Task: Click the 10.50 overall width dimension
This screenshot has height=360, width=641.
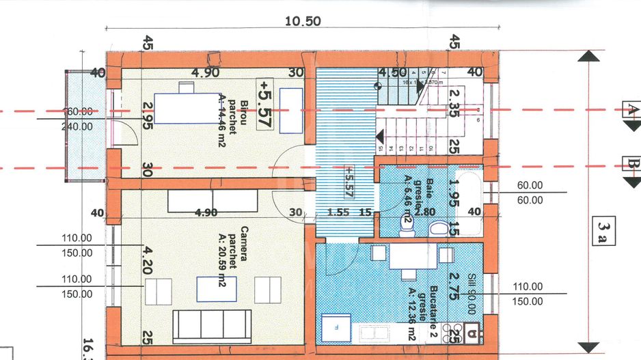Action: tap(303, 20)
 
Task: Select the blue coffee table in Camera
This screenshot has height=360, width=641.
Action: tap(217, 288)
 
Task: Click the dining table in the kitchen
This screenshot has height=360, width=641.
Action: tap(408, 256)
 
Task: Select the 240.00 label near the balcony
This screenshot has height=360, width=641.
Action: tap(77, 126)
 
